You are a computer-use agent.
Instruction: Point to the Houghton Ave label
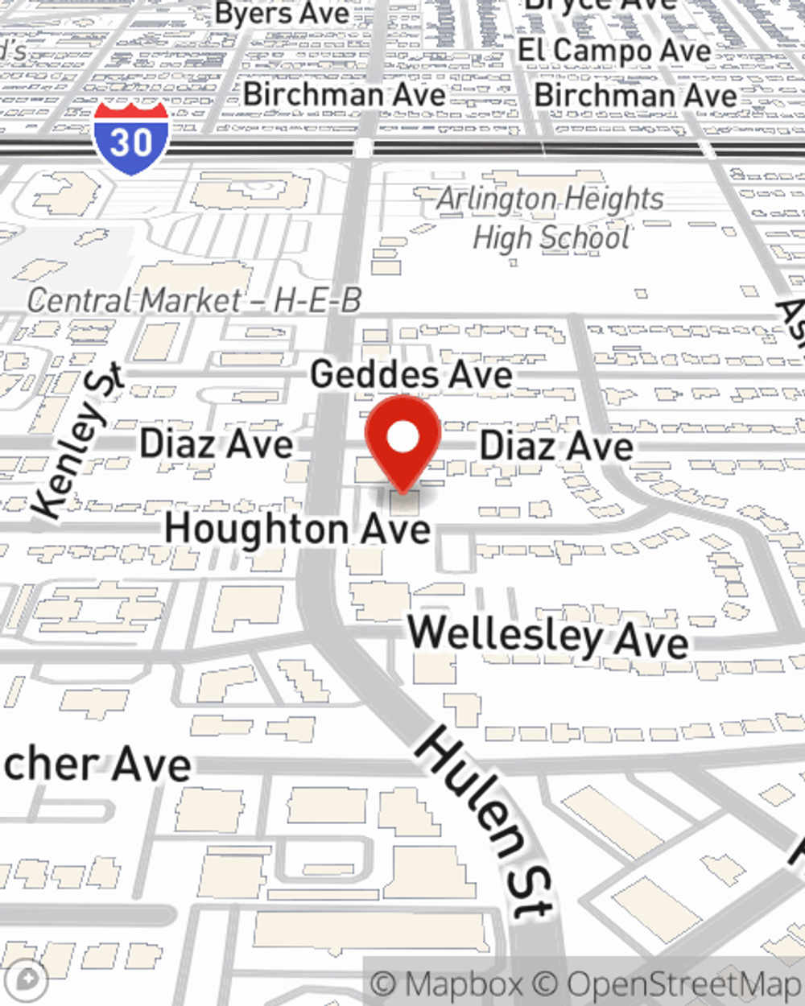pos(297,530)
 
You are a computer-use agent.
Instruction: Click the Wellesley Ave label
pos(547,636)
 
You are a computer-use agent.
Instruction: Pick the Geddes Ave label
pos(411,375)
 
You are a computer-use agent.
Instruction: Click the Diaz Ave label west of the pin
pos(216,444)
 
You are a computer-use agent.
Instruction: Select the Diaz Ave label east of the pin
pos(556,446)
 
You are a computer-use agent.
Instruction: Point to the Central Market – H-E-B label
pos(194,301)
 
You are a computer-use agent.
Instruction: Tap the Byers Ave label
pos(282,14)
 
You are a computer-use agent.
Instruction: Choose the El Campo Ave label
pos(614,50)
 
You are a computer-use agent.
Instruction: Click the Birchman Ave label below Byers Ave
pos(345,94)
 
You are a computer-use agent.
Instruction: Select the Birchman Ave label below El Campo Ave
pos(635,96)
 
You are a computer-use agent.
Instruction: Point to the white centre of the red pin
pos(402,438)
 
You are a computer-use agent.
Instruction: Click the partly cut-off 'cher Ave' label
pos(97,765)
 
